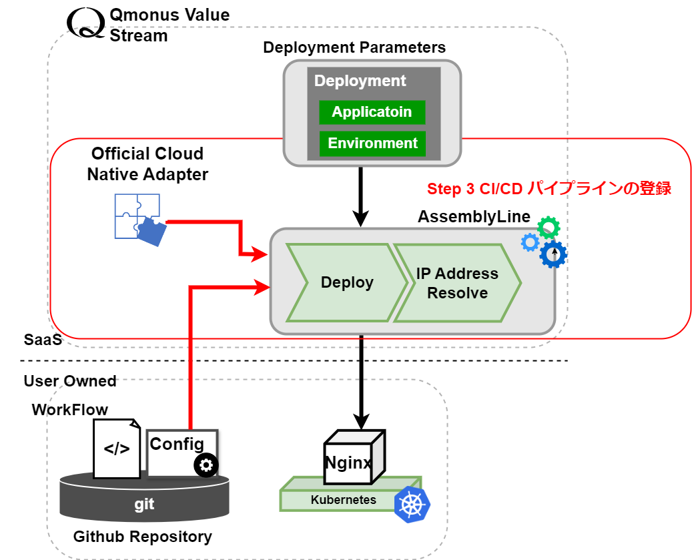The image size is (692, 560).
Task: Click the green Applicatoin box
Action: click(x=372, y=112)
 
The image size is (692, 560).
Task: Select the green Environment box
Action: click(x=372, y=144)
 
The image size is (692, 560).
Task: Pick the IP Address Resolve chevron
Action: click(x=457, y=283)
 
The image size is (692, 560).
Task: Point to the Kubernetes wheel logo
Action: click(x=412, y=505)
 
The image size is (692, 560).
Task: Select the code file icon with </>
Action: click(x=117, y=448)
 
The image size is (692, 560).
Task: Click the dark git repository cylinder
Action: click(x=144, y=501)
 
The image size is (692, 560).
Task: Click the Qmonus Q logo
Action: click(x=85, y=21)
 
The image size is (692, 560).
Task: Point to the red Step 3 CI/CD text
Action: click(x=549, y=189)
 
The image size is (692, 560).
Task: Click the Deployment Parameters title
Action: click(x=354, y=47)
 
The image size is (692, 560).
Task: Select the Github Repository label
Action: click(x=142, y=536)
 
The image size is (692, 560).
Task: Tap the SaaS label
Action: click(x=43, y=340)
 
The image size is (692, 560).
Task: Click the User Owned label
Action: click(x=70, y=381)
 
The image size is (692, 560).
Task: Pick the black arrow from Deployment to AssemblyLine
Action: click(x=361, y=196)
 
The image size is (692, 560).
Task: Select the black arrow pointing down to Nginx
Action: click(x=361, y=380)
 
